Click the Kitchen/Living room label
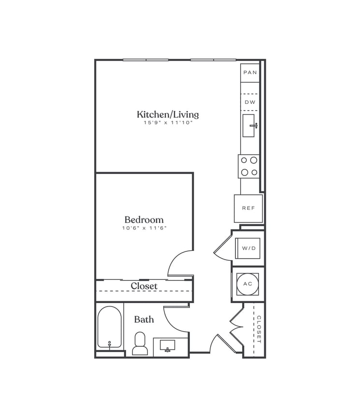168,115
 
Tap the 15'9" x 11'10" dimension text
168,123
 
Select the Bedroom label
144,219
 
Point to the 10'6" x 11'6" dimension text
144,228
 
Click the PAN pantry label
250,73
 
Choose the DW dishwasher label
250,102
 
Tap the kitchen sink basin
250,125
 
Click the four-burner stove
249,166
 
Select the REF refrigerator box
248,208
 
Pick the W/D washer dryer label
248,248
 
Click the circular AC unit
248,284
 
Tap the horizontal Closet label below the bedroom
144,286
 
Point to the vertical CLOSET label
259,329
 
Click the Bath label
144,319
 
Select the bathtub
109,327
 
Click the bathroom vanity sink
168,346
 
